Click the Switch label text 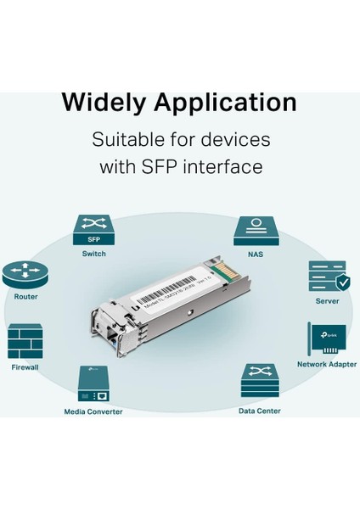94,254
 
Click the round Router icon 25,273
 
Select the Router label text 25,297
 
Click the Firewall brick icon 25,341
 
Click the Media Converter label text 93,411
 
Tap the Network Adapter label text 327,364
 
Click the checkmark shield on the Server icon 341,282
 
